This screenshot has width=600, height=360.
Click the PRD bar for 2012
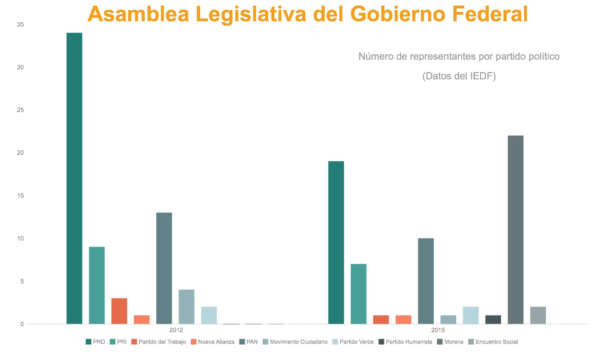click(x=74, y=178)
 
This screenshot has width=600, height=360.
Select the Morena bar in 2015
click(x=516, y=230)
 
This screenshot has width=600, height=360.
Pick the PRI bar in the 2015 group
click(x=358, y=294)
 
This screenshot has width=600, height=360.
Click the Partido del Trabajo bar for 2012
click(x=119, y=311)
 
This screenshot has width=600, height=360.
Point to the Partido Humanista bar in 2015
click(x=493, y=319)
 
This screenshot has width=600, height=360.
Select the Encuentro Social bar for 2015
click(x=538, y=315)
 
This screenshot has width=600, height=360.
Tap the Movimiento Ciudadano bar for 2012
click(x=187, y=307)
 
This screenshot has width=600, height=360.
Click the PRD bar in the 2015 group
click(x=336, y=242)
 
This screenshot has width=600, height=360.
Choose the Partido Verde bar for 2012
click(x=209, y=315)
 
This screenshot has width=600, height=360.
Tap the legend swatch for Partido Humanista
click(x=381, y=342)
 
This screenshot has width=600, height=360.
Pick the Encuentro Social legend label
click(x=497, y=342)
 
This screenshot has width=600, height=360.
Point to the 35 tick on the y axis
click(x=20, y=24)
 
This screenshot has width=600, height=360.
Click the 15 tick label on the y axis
click(x=20, y=196)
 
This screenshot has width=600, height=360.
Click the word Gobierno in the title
click(x=397, y=14)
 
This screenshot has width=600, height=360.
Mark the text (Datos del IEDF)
click(x=459, y=76)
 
